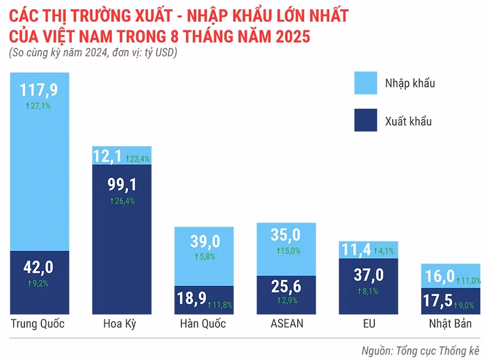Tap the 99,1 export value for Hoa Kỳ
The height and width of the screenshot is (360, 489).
pos(122,185)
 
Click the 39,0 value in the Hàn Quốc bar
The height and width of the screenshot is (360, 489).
pos(204,240)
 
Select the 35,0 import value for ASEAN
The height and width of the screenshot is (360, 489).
pos(286,235)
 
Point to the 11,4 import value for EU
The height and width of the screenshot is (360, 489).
pos(356,250)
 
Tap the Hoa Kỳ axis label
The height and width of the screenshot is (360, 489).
pos(120,325)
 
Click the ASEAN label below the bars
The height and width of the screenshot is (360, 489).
pos(287,324)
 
